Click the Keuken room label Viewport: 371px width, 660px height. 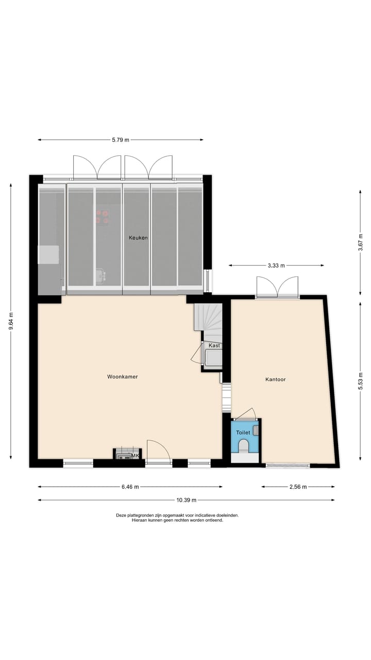pyautogui.click(x=139, y=238)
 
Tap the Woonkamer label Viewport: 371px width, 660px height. pyautogui.click(x=123, y=377)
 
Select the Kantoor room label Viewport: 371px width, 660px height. pyautogui.click(x=276, y=379)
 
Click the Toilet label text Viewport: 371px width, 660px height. pyautogui.click(x=243, y=433)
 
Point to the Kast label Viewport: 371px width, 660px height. pyautogui.click(x=214, y=345)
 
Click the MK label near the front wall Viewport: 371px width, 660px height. pyautogui.click(x=136, y=456)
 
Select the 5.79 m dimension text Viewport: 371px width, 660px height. pyautogui.click(x=121, y=140)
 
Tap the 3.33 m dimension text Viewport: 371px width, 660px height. pyautogui.click(x=277, y=266)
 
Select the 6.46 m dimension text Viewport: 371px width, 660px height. pyautogui.click(x=130, y=487)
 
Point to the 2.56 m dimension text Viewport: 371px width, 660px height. pyautogui.click(x=298, y=487)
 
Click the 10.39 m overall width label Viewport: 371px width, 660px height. pyautogui.click(x=186, y=500)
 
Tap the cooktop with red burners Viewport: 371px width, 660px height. pyautogui.click(x=102, y=217)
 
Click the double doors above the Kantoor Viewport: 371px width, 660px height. pyautogui.click(x=278, y=288)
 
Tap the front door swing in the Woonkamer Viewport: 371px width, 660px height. pyautogui.click(x=157, y=450)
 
